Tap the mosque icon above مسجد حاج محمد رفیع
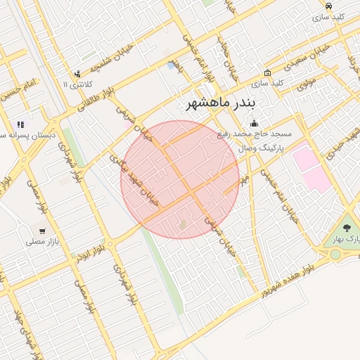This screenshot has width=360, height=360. [253, 124]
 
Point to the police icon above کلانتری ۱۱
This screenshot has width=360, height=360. [77, 74]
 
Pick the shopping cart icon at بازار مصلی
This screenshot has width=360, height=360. [42, 231]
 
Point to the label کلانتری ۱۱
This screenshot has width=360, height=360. [76, 84]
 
